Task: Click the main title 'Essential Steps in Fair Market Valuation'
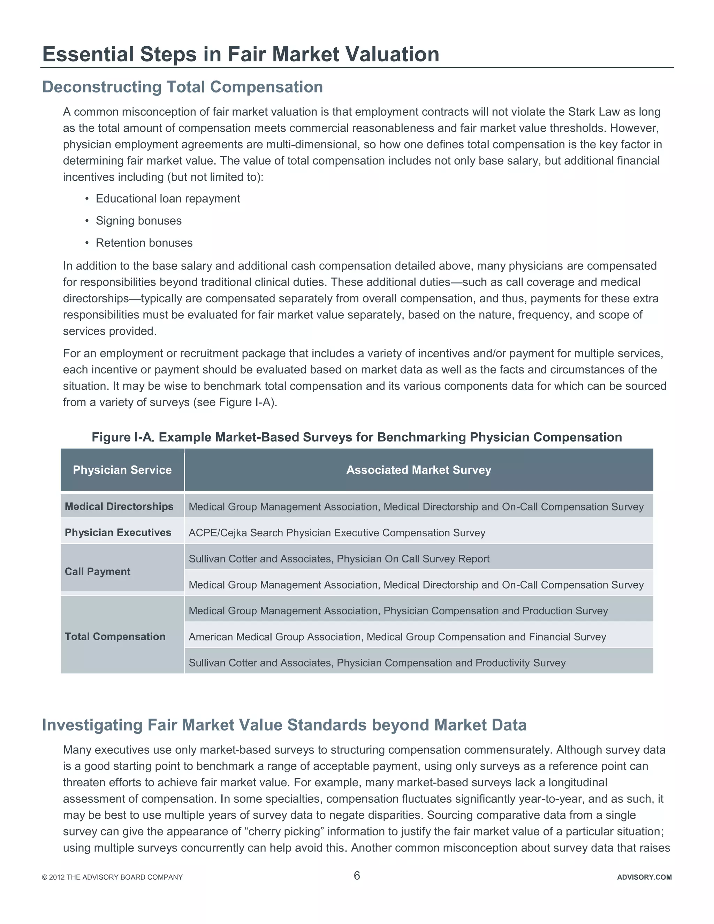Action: pyautogui.click(x=241, y=55)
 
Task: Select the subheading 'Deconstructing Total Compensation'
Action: pyautogui.click(x=182, y=87)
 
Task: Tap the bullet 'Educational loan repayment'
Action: pyautogui.click(x=167, y=199)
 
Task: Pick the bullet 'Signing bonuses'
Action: pyautogui.click(x=138, y=221)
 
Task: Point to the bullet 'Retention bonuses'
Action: pyautogui.click(x=144, y=243)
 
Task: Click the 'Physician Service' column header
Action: pyautogui.click(x=122, y=470)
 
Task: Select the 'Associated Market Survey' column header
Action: pyautogui.click(x=418, y=470)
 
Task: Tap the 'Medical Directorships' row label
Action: pyautogui.click(x=119, y=506)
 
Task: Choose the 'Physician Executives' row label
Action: pyautogui.click(x=117, y=533)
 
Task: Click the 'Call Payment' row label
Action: pyautogui.click(x=97, y=571)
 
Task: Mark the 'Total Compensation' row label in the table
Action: pyautogui.click(x=115, y=636)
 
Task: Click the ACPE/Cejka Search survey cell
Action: pyautogui.click(x=337, y=533)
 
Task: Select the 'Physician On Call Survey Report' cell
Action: pyautogui.click(x=339, y=559)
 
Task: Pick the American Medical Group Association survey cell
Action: pyautogui.click(x=397, y=637)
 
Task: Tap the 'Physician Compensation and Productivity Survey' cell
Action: pyautogui.click(x=377, y=663)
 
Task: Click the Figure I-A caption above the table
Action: pyautogui.click(x=357, y=437)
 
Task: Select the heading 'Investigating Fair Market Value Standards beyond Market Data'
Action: pyautogui.click(x=284, y=725)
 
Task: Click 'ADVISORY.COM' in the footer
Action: pyautogui.click(x=644, y=877)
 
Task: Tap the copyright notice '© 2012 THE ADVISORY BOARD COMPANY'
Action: pyautogui.click(x=112, y=877)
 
